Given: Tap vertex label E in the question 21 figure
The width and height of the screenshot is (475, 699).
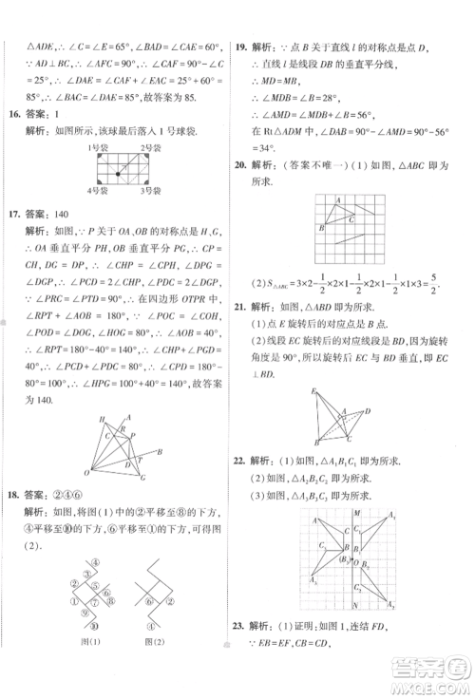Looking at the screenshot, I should (x=313, y=391).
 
